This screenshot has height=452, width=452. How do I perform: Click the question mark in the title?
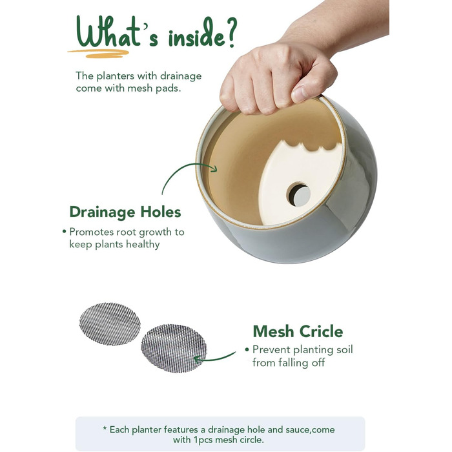tap(230, 32)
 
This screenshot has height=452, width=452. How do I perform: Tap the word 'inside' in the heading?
tap(196, 34)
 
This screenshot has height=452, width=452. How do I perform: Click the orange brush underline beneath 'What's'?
tap(98, 54)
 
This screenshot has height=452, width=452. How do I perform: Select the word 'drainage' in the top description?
tap(181, 76)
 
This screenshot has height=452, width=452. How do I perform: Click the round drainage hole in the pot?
tap(299, 194)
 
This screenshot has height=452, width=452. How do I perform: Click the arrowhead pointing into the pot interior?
tap(214, 168)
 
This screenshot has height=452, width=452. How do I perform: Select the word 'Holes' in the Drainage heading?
tap(161, 212)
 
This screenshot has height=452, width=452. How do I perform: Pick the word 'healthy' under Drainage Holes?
tap(143, 245)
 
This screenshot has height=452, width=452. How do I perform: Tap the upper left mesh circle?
tap(110, 324)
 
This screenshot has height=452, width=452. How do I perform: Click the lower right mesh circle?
tap(174, 348)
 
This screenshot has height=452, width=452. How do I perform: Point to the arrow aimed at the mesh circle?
tap(215, 358)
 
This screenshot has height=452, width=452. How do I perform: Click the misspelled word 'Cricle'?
tap(321, 331)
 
